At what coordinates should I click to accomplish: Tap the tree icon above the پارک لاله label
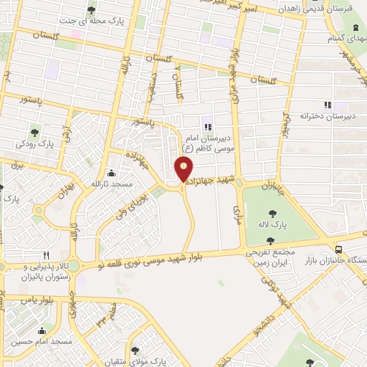coord(273,213)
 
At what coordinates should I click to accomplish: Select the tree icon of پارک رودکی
coord(34,132)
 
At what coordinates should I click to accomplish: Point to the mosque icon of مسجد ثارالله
coord(111,173)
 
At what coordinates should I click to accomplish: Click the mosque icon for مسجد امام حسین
coord(42,331)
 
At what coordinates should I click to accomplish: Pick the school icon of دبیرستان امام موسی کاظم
coord(208,127)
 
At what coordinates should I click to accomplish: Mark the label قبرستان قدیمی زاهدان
coord(332,9)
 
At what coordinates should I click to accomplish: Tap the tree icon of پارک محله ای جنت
coord(91,10)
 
